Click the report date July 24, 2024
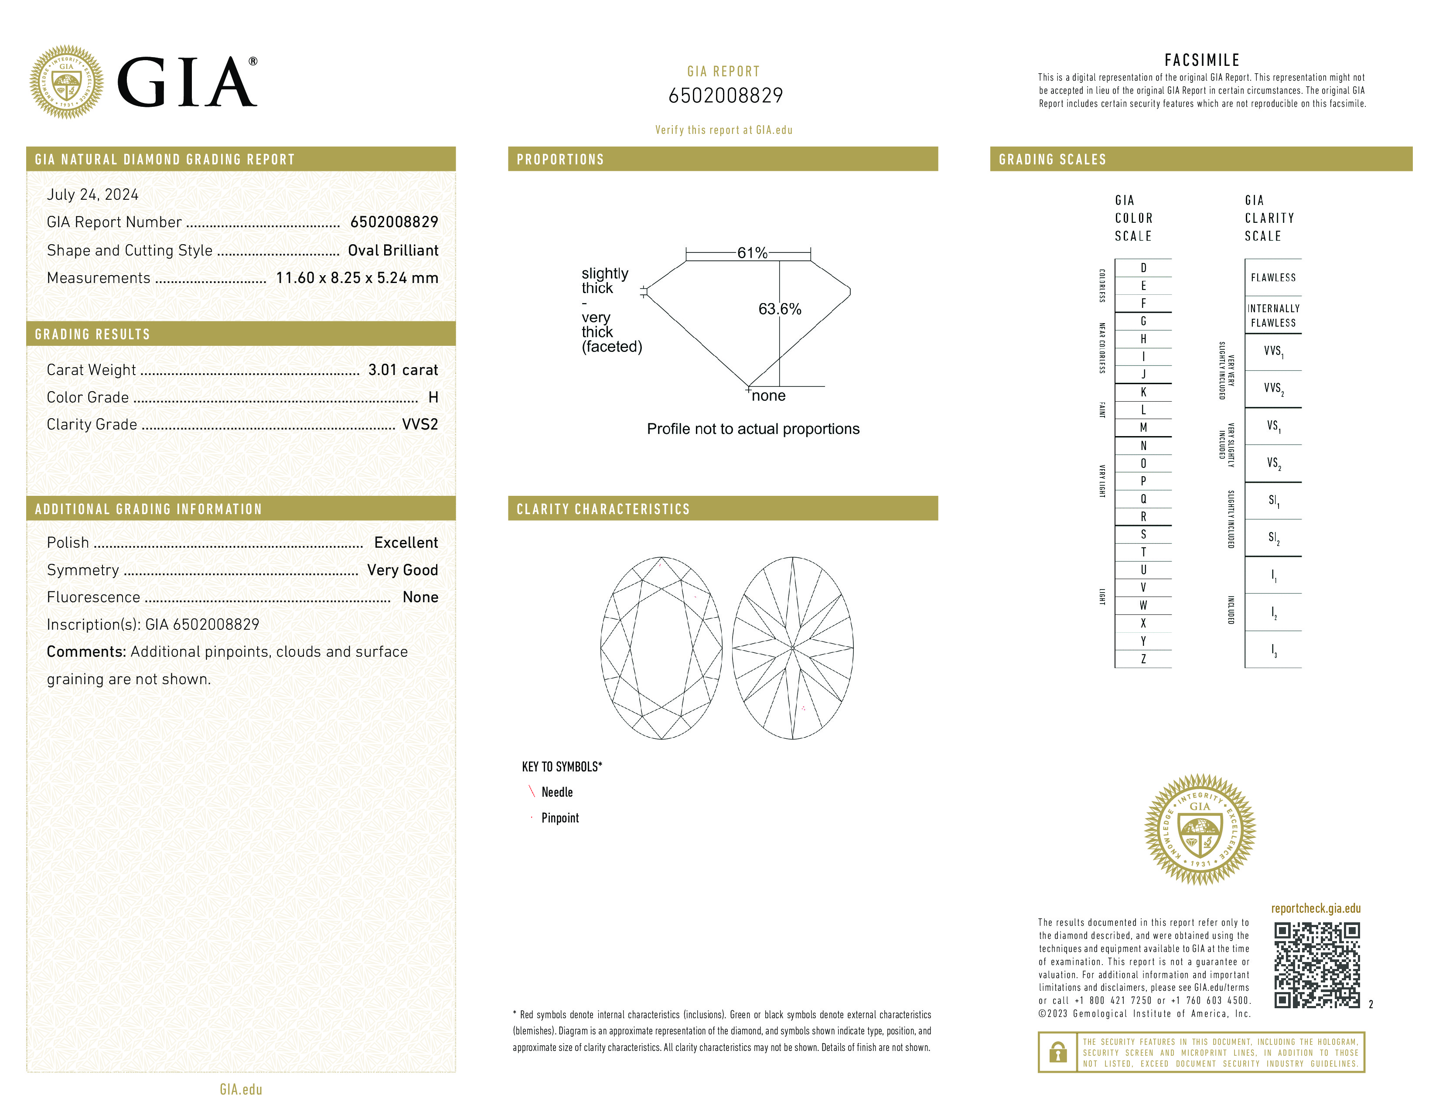[x=92, y=194]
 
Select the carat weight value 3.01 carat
[x=402, y=369]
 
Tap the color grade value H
[x=433, y=397]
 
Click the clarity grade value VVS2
[x=419, y=424]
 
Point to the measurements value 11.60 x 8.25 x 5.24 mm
[x=356, y=278]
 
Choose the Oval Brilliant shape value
[x=393, y=250]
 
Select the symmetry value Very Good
[x=402, y=570]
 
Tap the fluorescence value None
[x=419, y=597]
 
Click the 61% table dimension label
[x=752, y=253]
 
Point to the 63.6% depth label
[x=780, y=309]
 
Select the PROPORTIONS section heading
[x=560, y=160]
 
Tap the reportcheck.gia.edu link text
[x=1315, y=908]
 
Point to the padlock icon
[x=1057, y=1052]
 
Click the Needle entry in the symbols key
[x=557, y=792]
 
